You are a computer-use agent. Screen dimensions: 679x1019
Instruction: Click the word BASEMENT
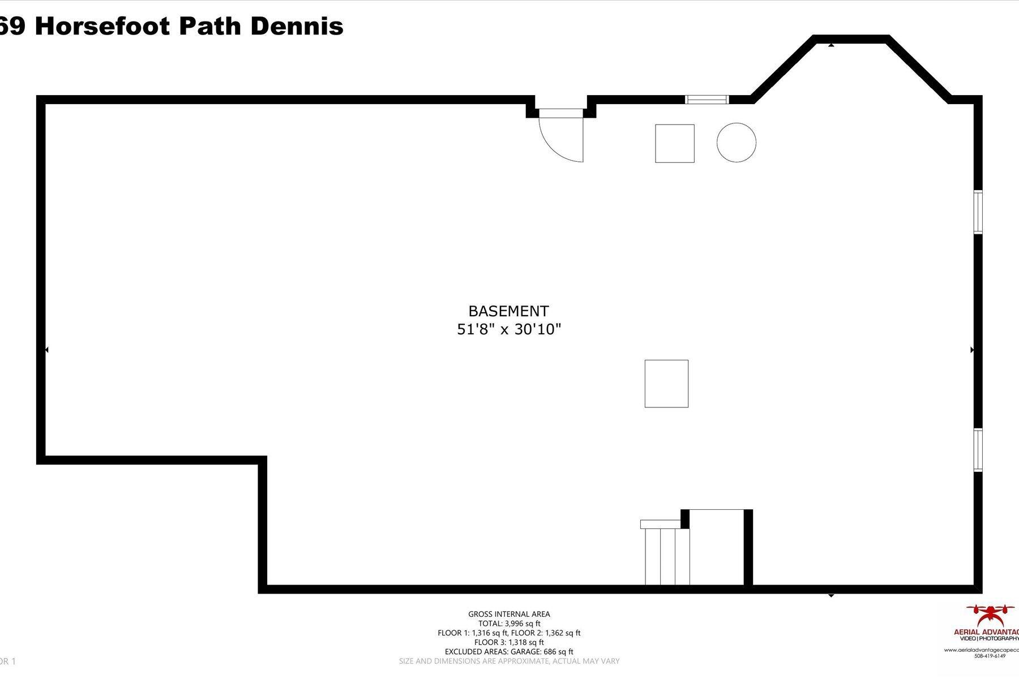(x=508, y=311)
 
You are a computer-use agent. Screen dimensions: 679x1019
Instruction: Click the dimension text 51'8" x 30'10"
(x=508, y=329)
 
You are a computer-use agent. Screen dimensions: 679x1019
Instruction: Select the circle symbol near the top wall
(x=736, y=143)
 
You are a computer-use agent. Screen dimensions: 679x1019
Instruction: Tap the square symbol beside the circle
(x=674, y=144)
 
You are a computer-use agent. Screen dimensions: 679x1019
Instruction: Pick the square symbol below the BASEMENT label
(x=666, y=384)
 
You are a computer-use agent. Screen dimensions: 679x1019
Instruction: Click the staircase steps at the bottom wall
(x=667, y=556)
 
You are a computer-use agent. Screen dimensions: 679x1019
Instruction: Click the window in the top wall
(x=707, y=100)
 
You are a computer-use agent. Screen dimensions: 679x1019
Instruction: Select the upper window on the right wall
(x=978, y=212)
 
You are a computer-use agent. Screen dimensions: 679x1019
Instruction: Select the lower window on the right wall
(x=978, y=450)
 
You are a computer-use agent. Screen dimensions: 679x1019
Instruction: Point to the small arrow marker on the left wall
(x=46, y=350)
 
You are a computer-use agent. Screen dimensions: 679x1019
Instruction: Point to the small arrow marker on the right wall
(x=972, y=350)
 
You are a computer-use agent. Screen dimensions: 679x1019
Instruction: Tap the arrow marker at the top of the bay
(x=831, y=44)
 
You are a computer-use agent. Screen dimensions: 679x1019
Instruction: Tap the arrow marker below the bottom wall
(x=831, y=596)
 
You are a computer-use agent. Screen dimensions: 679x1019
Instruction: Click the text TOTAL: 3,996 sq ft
(x=509, y=624)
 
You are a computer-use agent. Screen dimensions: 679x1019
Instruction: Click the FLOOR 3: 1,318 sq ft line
(x=509, y=642)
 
